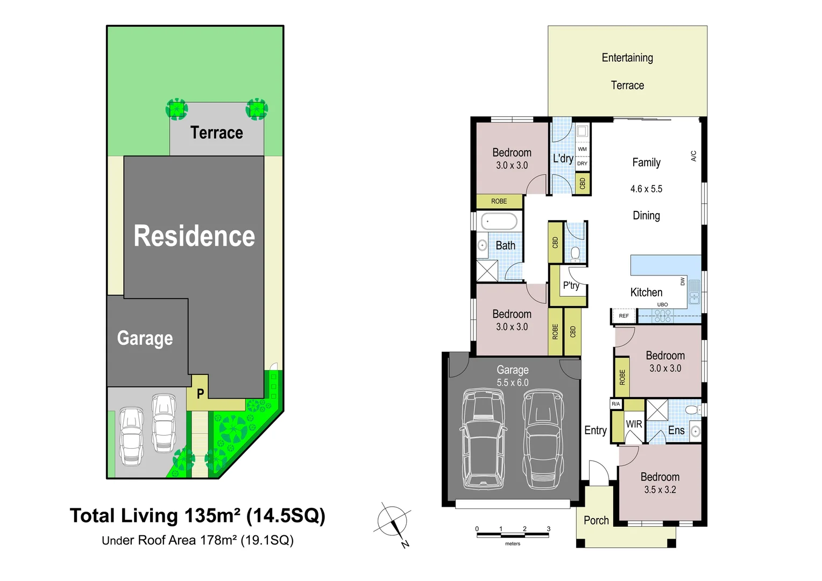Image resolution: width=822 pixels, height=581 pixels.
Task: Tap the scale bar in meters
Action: (x=512, y=535)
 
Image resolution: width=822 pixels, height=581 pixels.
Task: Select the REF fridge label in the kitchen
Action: (x=623, y=316)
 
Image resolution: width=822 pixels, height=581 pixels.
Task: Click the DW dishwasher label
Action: (x=683, y=281)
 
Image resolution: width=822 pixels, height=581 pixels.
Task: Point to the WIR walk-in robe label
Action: (x=634, y=424)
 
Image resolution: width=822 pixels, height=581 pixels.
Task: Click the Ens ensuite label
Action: (x=676, y=430)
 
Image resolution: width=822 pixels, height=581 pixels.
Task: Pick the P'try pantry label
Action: (x=571, y=286)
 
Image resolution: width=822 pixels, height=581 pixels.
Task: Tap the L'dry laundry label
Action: (x=563, y=158)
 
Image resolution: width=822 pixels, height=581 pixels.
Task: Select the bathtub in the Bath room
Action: (x=499, y=221)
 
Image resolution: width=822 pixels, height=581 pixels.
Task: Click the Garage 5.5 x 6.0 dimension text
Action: (x=512, y=382)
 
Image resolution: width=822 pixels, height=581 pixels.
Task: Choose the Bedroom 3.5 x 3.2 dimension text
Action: (x=660, y=490)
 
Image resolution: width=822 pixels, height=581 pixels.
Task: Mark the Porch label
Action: (x=596, y=520)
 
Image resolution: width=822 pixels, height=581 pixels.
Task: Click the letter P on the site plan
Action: (x=200, y=394)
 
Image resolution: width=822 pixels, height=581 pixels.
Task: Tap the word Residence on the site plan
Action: (x=194, y=236)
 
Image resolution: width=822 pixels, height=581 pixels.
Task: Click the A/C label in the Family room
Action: (x=693, y=156)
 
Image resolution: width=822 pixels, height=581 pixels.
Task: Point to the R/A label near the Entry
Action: (x=615, y=404)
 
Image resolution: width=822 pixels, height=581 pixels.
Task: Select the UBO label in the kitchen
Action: (x=662, y=304)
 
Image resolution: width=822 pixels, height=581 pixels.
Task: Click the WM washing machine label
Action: (x=582, y=149)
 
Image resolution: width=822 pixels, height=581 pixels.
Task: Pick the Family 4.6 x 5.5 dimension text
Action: (x=646, y=189)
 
